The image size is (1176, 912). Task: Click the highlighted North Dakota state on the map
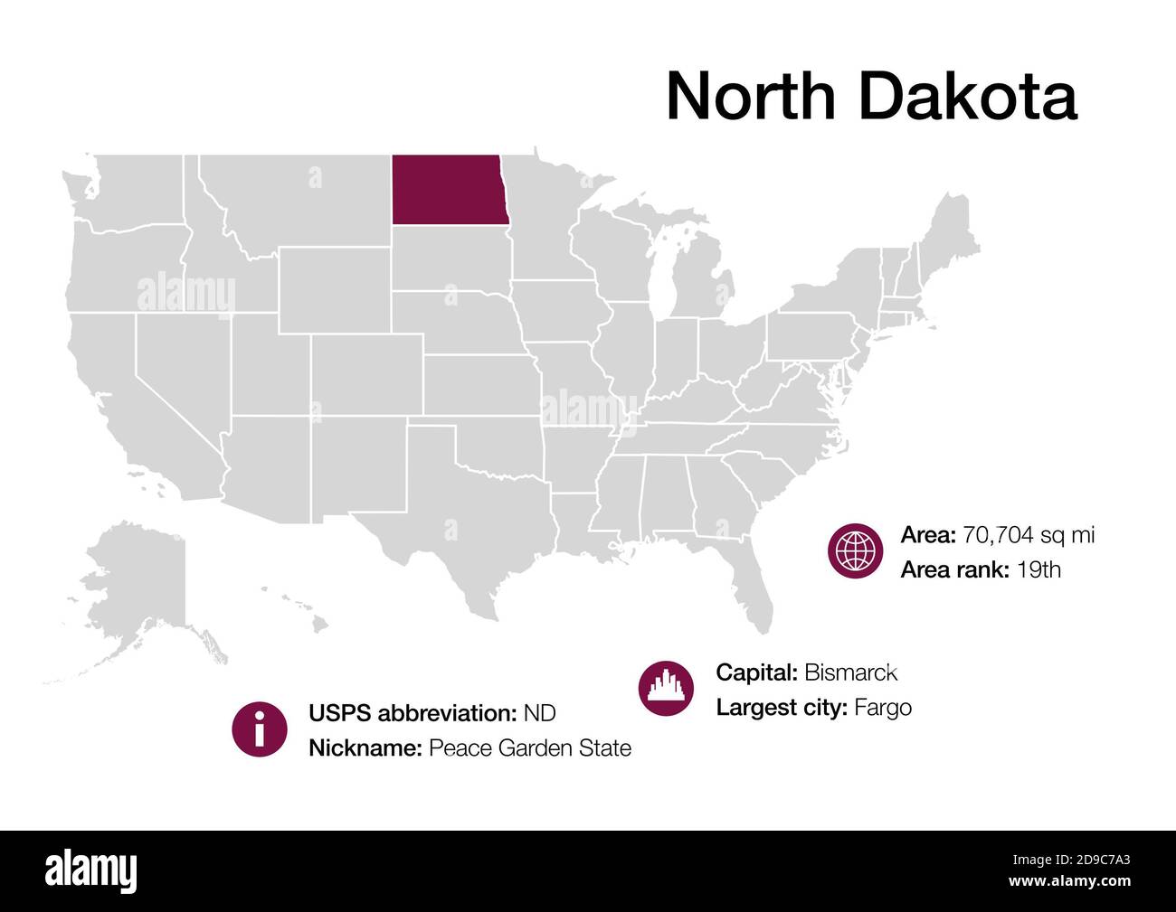(446, 189)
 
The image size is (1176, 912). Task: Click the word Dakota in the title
(967, 96)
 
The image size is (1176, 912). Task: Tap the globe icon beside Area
(855, 550)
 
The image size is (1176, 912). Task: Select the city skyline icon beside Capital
(666, 689)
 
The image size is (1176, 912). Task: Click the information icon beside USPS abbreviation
(260, 729)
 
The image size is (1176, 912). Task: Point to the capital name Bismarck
(850, 672)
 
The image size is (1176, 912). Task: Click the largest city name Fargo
(883, 708)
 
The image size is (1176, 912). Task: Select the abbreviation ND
(539, 713)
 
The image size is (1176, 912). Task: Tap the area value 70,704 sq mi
(1029, 535)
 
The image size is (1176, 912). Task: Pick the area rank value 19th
(1038, 569)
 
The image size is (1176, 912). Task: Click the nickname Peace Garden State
(529, 748)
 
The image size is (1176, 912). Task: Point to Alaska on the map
(136, 588)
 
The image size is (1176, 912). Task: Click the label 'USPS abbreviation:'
(413, 713)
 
